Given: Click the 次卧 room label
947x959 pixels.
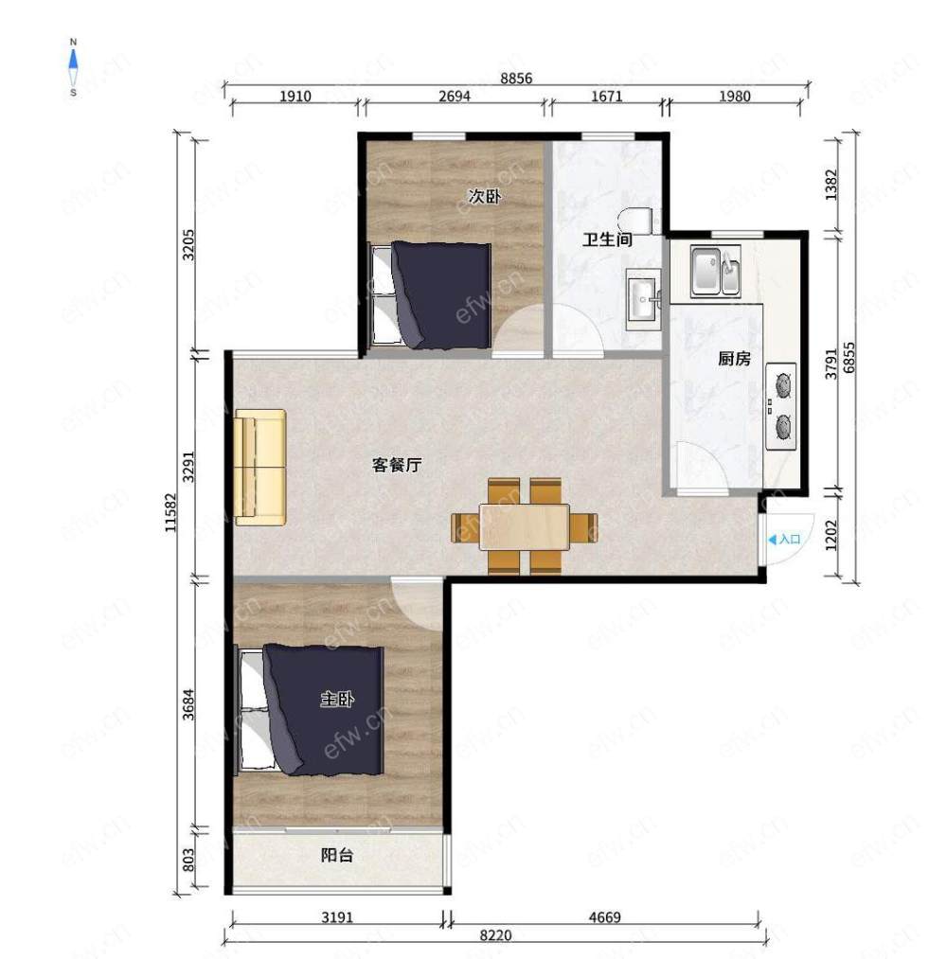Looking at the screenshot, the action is (485, 196).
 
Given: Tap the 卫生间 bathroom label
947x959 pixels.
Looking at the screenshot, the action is (607, 240).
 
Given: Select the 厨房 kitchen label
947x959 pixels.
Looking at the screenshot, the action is (734, 359).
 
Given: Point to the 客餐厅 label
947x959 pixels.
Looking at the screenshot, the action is (397, 465).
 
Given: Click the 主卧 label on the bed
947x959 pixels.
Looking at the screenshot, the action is (337, 699).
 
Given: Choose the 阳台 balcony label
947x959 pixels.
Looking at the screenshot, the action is (337, 855).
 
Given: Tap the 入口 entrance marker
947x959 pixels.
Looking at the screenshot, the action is (784, 540).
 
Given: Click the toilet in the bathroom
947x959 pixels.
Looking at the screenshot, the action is (636, 221).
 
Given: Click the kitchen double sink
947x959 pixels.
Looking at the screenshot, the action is (716, 271).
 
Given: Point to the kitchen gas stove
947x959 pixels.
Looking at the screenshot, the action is (781, 406).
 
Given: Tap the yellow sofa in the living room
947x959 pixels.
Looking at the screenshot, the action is (260, 468).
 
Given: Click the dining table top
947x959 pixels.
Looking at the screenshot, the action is (525, 526).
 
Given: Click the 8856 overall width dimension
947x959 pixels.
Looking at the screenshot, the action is (516, 79).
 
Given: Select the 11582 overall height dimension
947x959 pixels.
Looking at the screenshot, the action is (171, 512).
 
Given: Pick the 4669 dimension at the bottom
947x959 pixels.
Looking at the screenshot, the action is (604, 916).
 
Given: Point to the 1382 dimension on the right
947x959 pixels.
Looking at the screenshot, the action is (831, 185).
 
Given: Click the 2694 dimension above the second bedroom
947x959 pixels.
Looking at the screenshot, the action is (455, 96).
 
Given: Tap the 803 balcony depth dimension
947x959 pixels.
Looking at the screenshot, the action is (188, 860).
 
